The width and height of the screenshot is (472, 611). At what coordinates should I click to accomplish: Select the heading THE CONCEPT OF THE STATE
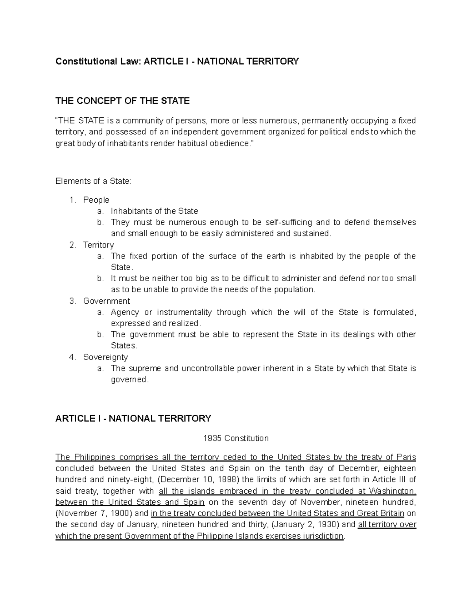[x=122, y=101]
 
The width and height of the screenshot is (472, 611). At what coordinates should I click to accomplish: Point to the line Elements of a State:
[x=93, y=181]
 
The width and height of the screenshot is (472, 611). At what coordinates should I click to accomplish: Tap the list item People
[x=96, y=200]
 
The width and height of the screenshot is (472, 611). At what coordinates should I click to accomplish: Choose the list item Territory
[x=98, y=245]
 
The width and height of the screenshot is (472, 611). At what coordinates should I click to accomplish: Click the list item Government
[x=106, y=301]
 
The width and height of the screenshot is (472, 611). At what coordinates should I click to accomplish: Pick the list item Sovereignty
[x=105, y=357]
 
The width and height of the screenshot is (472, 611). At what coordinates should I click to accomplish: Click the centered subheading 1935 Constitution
[x=236, y=438]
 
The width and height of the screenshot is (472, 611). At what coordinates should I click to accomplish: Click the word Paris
[x=406, y=457]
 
